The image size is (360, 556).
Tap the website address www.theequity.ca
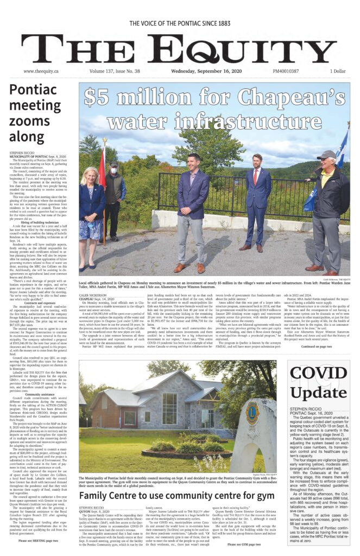[x=41, y=71]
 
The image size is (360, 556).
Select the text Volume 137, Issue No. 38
[x=115, y=71]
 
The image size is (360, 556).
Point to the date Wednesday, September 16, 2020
[x=201, y=71]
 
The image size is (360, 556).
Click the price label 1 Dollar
[x=337, y=71]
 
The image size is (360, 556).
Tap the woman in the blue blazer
[x=91, y=217]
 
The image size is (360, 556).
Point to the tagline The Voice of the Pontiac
[x=180, y=24]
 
